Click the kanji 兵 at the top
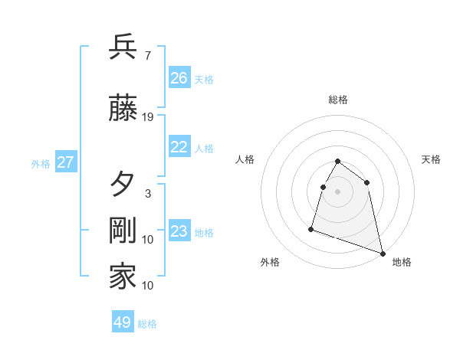123,46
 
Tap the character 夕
123,184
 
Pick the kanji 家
123,277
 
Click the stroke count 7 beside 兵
147,55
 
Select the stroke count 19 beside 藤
148,117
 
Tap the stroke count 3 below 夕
148,193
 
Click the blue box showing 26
179,78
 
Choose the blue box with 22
179,148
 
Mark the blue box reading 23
179,232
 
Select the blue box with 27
65,162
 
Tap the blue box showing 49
123,322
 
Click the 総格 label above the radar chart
338,100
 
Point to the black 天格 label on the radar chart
431,159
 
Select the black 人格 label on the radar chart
245,159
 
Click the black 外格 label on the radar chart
270,262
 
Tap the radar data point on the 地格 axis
383,252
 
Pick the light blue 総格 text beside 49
147,324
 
